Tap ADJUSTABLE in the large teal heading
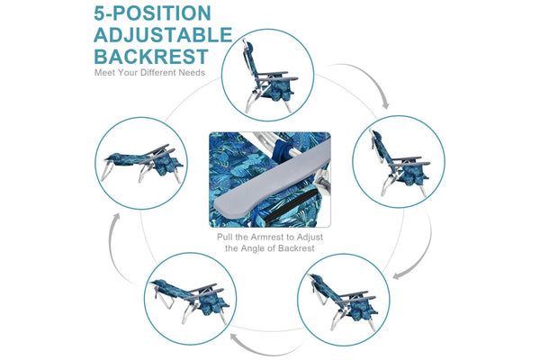click(x=162, y=35)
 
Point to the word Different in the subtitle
click(x=163, y=73)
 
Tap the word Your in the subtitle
click(x=131, y=73)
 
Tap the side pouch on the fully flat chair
click(x=167, y=165)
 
